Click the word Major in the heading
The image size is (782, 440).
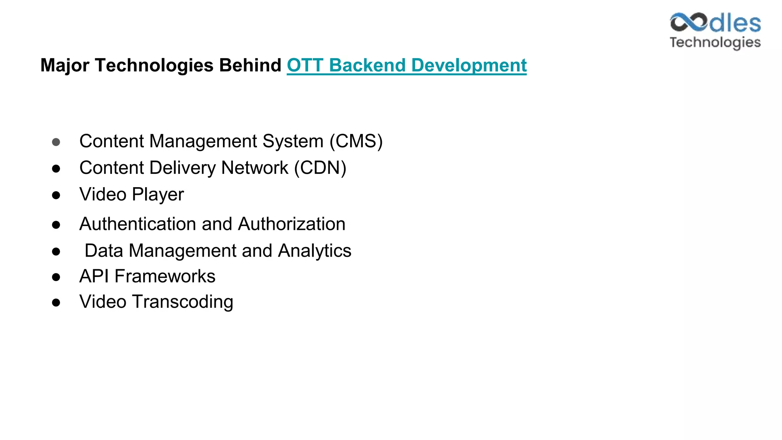[65, 65]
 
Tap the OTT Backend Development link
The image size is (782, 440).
[407, 65]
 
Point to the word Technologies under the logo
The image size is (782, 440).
[715, 42]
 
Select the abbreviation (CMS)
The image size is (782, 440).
[356, 141]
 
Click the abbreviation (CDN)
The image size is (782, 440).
[320, 168]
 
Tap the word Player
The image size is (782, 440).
[158, 195]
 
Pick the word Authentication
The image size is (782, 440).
[137, 224]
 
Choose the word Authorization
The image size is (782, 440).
[292, 224]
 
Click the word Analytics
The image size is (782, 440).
[315, 251]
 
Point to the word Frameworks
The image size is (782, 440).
[165, 276]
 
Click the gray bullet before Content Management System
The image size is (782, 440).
[56, 142]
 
